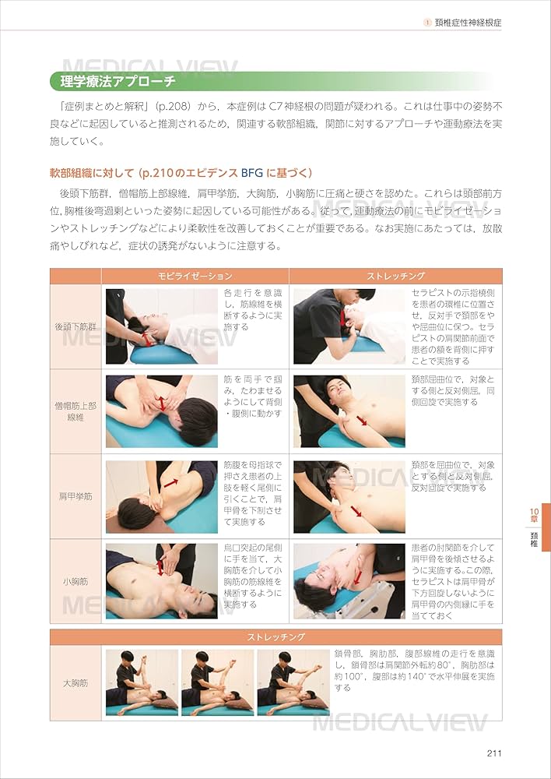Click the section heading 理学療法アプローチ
(113, 81)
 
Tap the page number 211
(493, 753)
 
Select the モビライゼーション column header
(195, 277)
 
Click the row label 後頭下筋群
(75, 327)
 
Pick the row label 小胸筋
(75, 581)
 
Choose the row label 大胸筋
(75, 683)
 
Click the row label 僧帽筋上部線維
(75, 412)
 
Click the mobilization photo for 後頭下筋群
(161, 326)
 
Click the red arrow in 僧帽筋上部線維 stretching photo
(362, 421)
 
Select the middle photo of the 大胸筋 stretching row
(217, 682)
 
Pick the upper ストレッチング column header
(395, 277)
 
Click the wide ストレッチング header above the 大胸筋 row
(275, 637)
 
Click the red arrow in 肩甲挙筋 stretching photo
(355, 511)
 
